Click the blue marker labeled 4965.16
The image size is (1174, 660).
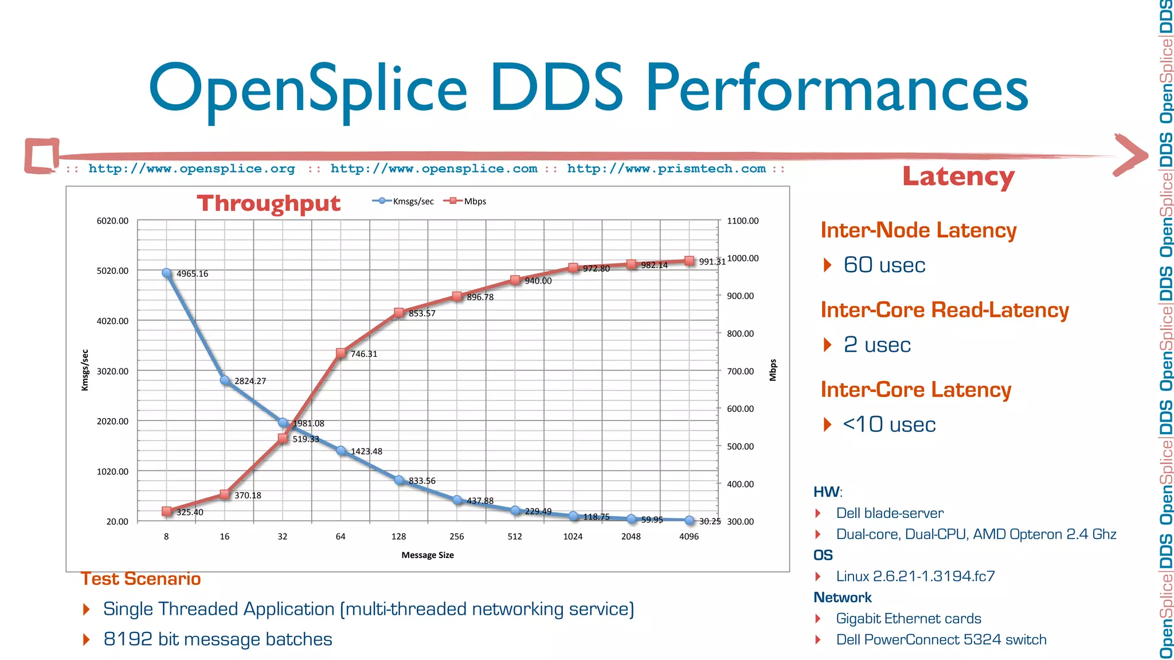167,273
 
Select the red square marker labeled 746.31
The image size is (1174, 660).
341,353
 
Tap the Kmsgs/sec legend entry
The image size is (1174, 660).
404,201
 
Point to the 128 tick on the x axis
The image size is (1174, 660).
398,536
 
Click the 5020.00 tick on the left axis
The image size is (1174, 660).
112,270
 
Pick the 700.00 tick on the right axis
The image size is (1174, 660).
740,371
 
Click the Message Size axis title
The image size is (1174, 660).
427,555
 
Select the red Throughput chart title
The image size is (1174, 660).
268,203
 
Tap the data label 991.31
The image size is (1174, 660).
712,262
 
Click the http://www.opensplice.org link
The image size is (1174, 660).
191,169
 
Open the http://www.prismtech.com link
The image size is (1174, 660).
666,169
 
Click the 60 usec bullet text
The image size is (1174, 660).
884,265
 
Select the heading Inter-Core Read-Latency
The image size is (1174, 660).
944,310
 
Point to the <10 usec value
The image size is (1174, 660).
889,425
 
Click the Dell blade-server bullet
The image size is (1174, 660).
889,513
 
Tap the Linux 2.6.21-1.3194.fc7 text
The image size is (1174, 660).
915,576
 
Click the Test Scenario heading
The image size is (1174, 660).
140,579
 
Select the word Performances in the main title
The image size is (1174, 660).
837,89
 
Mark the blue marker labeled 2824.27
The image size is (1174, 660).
225,380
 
